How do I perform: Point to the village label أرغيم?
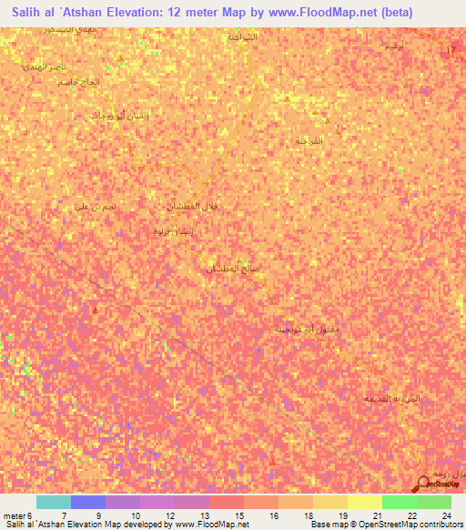click(393, 45)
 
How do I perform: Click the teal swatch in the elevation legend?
click(53, 502)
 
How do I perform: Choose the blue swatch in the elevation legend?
click(87, 502)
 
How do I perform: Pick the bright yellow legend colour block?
click(364, 502)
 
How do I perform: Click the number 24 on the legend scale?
click(447, 515)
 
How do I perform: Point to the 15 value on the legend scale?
click(225, 515)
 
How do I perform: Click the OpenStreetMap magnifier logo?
click(424, 484)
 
